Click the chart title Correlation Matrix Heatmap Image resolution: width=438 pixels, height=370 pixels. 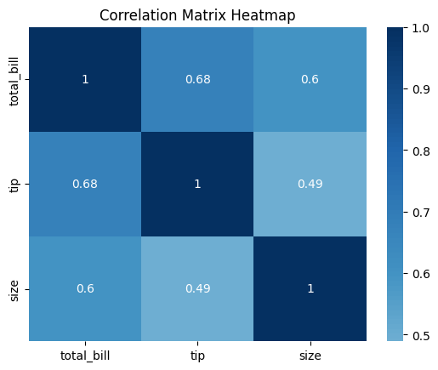pos(197,14)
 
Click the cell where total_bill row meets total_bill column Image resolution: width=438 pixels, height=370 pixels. pos(85,79)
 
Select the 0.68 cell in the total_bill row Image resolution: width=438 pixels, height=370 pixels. pos(197,79)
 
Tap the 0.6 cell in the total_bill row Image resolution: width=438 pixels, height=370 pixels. pos(310,79)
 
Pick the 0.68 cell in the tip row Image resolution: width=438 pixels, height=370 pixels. pos(85,184)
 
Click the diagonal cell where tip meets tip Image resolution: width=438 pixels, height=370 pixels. pos(197,184)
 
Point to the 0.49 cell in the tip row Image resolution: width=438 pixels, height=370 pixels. pos(310,184)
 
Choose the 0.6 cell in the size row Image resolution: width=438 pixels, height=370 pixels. pos(85,288)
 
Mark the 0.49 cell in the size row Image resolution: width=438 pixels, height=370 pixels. pos(197,288)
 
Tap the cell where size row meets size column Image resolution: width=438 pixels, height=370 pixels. pos(310,288)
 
